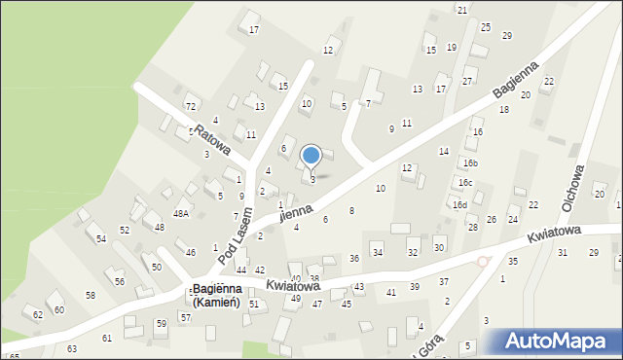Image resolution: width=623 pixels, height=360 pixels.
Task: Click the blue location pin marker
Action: point(311,156)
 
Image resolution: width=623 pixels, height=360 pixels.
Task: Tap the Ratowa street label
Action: point(211,139)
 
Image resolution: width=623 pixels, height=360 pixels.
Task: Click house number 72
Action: point(191,106)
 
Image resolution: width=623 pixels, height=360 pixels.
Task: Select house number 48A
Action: point(181,213)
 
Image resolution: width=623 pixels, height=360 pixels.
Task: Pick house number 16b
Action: point(470,162)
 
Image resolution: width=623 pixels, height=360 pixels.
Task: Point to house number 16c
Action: point(465,182)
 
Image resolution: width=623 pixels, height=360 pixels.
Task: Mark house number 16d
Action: point(459,204)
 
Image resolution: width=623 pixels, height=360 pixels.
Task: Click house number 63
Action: point(72,348)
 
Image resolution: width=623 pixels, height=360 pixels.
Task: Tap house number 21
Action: point(462,10)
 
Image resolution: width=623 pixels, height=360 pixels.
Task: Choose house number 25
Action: point(486,27)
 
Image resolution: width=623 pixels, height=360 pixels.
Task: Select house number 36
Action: point(354,258)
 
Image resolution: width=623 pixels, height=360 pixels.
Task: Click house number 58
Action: point(91,295)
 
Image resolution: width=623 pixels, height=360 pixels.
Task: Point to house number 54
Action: point(100,238)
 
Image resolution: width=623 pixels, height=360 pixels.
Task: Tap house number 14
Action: point(444,151)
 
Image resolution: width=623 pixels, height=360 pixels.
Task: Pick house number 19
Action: point(452,47)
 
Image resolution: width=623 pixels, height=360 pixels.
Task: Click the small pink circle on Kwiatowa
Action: point(482,262)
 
